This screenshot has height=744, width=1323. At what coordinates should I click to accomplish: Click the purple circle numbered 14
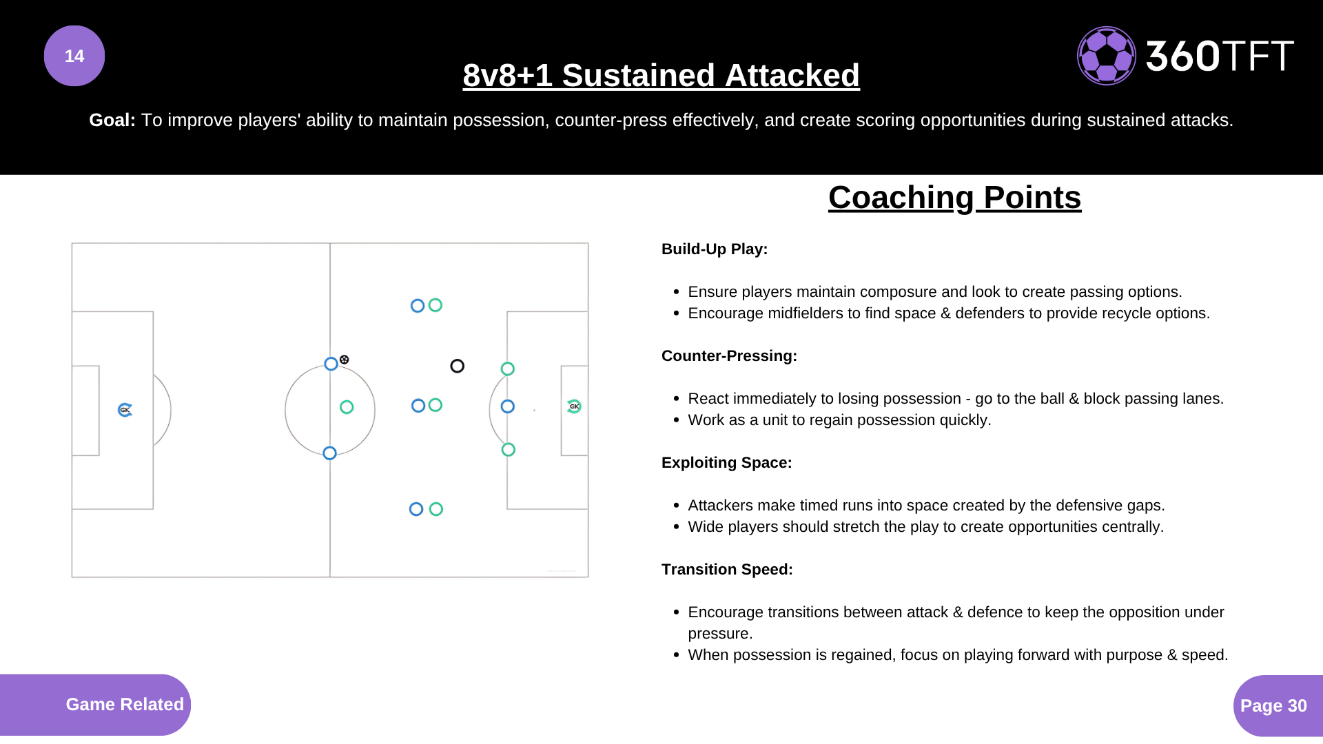(74, 56)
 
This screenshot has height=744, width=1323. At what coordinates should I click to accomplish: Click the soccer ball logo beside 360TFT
(1107, 56)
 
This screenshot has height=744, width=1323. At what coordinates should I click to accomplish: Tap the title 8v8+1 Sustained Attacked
(661, 75)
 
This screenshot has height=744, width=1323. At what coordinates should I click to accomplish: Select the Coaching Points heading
(954, 198)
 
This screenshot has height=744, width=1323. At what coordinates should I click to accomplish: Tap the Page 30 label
(1273, 705)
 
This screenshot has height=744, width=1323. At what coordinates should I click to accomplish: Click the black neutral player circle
(457, 366)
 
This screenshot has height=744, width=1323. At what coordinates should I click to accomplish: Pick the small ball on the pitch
(345, 360)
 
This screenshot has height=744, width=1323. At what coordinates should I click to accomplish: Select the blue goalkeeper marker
(125, 410)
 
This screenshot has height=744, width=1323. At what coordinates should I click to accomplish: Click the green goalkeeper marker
(574, 406)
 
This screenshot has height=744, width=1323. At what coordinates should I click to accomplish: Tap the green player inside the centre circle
(347, 407)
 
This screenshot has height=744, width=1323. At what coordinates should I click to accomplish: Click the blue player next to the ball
(331, 364)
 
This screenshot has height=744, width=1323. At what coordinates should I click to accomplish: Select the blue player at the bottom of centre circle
(330, 453)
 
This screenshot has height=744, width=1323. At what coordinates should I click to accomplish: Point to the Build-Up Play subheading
(715, 249)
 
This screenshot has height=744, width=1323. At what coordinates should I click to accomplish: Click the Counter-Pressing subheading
(729, 356)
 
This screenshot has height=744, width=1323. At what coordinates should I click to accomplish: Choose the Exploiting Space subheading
(727, 463)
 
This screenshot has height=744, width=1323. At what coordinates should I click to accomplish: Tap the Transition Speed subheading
(727, 570)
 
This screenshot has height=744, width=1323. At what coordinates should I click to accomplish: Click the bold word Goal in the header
(112, 120)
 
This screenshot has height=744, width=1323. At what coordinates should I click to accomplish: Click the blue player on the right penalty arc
(508, 406)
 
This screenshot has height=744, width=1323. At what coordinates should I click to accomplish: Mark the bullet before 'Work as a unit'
(677, 420)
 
